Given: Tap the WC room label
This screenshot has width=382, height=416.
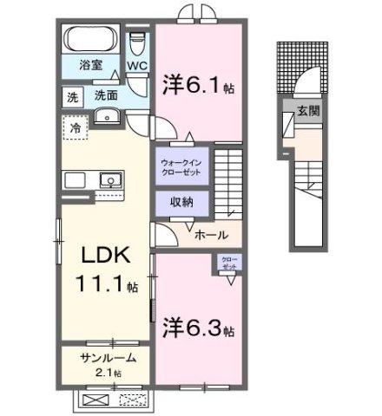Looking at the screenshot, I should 137,65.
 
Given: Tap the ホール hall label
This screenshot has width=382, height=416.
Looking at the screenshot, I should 211,234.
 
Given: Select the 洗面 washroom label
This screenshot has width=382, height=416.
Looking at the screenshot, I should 106,94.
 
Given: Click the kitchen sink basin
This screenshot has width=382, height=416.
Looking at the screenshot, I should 110,180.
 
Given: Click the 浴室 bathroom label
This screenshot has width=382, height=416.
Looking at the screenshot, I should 89,64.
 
